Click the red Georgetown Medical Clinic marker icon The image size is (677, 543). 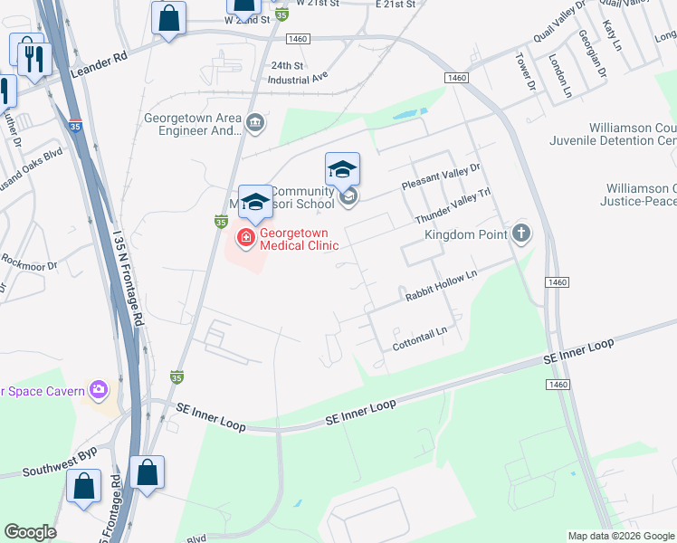coord(244,238)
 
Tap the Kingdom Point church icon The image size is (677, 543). coord(520,233)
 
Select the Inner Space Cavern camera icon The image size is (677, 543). coord(99,391)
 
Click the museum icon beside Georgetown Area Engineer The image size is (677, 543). coord(255,123)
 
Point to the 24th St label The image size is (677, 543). coord(287,65)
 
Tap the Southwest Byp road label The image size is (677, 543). coord(61,462)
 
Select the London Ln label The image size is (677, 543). coord(560,75)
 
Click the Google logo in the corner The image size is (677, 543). coord(30,532)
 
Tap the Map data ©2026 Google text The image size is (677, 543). coord(621,536)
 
